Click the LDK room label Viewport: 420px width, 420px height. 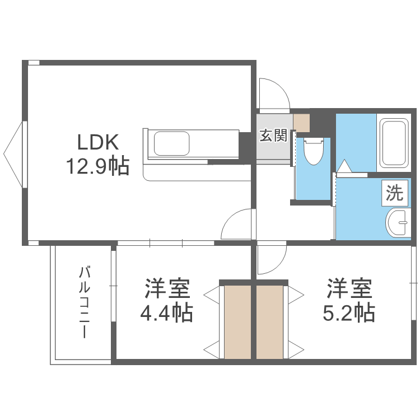[98, 142]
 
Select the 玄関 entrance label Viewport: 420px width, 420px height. [273, 135]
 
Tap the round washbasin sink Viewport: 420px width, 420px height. [398, 223]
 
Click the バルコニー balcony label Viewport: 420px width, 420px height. [85, 302]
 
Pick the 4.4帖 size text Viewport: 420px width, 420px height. [166, 312]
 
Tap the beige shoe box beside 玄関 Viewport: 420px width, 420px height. [301, 122]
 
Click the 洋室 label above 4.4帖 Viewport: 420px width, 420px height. [167, 289]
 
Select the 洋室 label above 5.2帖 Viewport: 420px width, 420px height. [349, 289]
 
